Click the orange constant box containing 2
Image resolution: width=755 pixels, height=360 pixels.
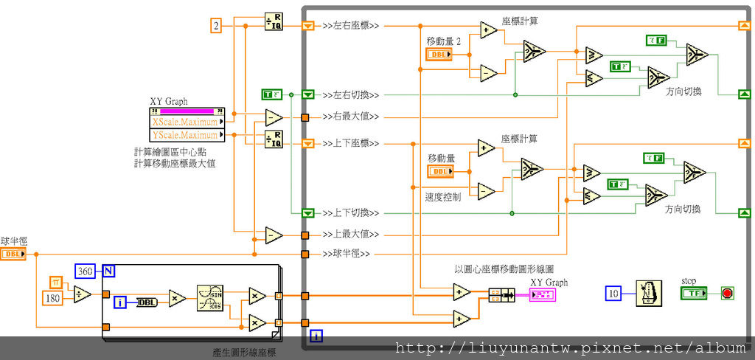216,26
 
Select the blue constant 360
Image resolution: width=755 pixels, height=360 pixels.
86,271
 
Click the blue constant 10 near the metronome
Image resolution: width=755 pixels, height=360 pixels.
613,294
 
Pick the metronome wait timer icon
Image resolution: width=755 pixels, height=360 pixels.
646,293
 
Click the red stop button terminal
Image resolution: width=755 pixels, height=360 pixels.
727,294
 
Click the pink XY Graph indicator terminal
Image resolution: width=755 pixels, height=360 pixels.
542,295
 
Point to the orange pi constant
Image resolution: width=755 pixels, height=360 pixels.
58,281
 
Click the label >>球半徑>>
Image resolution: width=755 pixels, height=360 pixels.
347,255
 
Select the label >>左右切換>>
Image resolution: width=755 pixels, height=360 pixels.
351,94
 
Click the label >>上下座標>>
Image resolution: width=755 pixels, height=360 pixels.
351,142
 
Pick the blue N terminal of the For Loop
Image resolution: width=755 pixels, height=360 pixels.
108,271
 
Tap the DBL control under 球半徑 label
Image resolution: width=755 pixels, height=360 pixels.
13,254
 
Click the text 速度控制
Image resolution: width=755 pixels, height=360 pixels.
442,197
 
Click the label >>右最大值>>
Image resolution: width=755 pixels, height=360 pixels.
351,117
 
